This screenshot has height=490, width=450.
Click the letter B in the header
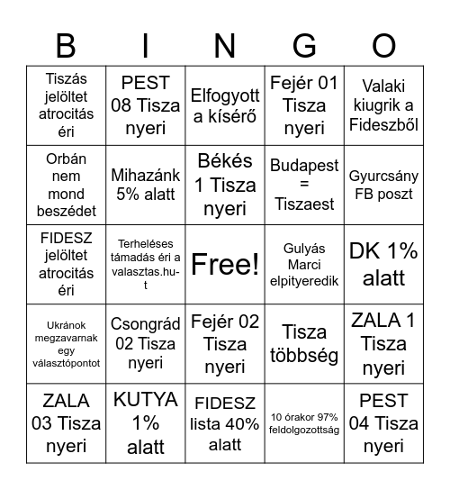coord(66,46)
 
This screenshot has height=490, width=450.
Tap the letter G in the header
coord(304,46)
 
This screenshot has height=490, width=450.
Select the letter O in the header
coord(383,46)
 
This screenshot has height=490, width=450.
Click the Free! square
coord(225,265)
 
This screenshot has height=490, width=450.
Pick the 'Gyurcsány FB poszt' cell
coord(383,185)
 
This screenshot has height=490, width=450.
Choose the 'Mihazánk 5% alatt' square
coord(145,185)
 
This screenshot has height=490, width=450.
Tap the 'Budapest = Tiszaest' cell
coord(304,185)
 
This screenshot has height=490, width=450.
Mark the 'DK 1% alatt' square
coord(383,265)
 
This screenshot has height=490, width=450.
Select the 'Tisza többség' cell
coord(304,344)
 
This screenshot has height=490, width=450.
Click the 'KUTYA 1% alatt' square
coord(145,422)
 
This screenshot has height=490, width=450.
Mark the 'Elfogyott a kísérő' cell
coord(225,106)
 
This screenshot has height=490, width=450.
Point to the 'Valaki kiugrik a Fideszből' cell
coord(383,106)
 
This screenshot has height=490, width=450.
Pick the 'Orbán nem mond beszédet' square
coord(66,185)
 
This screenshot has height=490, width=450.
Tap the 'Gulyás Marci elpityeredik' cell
coord(304,265)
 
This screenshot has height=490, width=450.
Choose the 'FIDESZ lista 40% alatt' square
coord(225,422)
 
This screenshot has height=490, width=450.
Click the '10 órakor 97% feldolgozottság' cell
coord(304,422)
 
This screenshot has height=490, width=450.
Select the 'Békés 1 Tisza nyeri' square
coord(225,185)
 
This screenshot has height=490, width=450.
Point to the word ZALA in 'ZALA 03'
coord(66,401)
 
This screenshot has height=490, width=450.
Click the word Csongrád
coord(146,324)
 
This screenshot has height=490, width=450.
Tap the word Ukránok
coord(66,326)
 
